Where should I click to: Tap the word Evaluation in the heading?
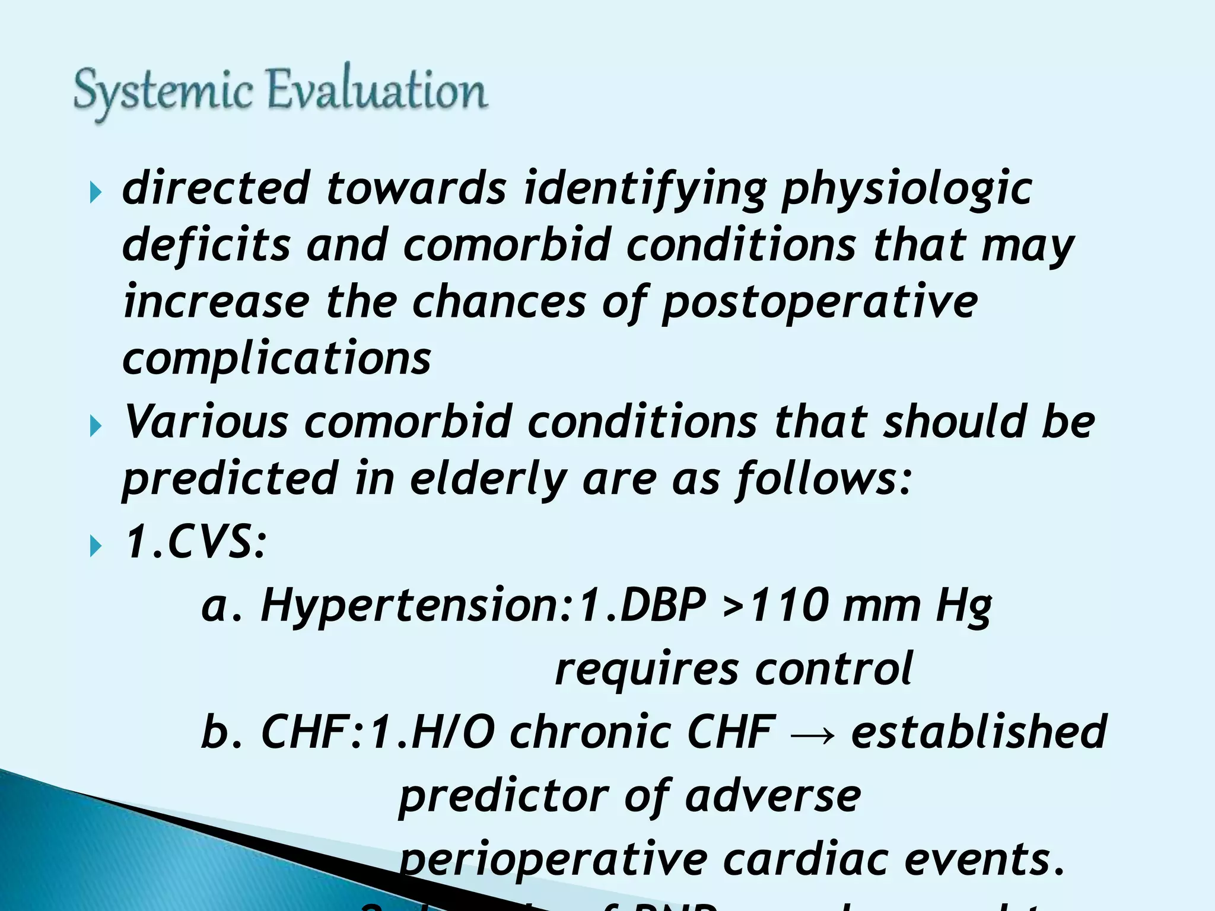pos(377,90)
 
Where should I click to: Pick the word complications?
pos(276,359)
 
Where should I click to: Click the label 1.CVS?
pos(195,542)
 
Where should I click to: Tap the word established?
pos(979,732)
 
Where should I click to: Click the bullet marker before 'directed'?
pos(96,192)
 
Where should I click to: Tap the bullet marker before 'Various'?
pos(96,426)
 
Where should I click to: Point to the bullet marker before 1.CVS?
pos(96,546)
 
